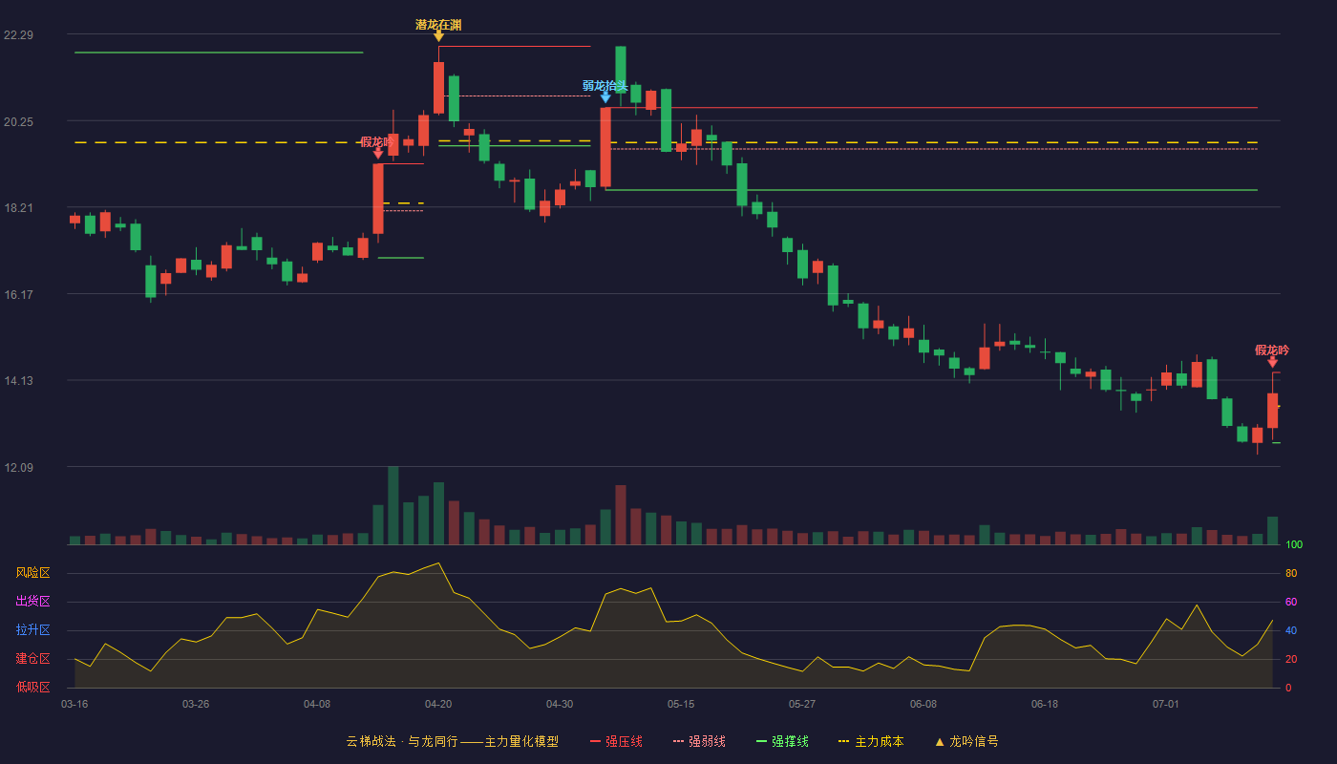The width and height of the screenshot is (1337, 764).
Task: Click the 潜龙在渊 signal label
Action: (438, 25)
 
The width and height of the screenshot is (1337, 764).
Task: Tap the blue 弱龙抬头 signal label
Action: (605, 85)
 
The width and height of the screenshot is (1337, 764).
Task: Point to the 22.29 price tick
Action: (18, 34)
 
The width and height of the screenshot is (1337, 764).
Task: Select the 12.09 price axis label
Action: (18, 467)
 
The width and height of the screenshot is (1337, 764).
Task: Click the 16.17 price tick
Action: (18, 294)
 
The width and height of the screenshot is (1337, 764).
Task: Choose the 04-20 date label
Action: (438, 704)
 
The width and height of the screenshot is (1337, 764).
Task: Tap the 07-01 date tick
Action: (1166, 704)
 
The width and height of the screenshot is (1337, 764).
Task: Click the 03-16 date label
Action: (74, 704)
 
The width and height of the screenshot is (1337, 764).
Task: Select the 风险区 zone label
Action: (32, 572)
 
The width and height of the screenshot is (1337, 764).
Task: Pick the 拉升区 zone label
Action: (32, 629)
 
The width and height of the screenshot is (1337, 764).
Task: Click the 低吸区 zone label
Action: (32, 687)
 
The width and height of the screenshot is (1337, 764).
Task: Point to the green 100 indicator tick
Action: (1294, 544)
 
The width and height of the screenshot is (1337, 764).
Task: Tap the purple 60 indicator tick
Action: (1291, 602)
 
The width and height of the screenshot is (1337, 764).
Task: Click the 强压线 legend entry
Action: (617, 741)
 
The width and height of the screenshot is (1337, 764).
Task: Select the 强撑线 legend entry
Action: (782, 741)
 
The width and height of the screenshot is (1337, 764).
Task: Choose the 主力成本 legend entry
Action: (871, 741)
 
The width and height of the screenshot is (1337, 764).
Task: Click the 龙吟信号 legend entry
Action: (966, 741)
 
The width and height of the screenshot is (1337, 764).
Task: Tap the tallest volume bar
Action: (393, 505)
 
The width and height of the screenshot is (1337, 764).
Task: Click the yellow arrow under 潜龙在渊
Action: (438, 37)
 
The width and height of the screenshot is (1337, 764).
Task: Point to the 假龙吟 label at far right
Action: (1272, 350)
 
